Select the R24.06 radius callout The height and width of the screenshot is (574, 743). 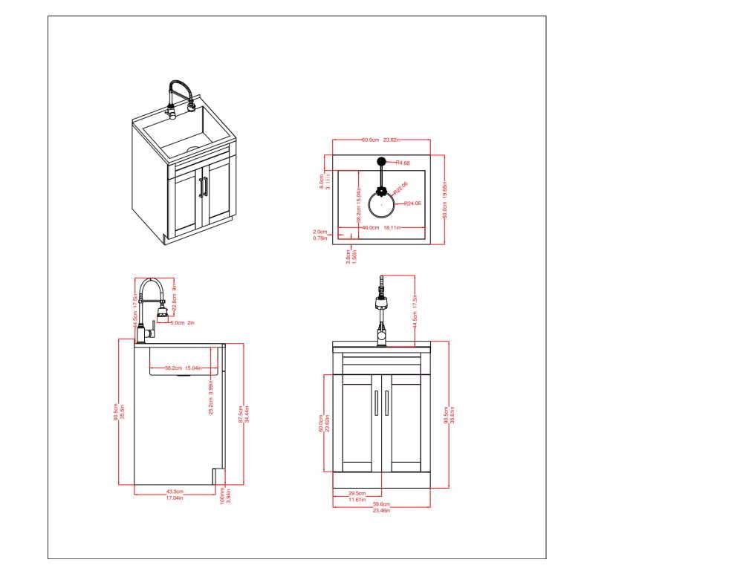pos(412,203)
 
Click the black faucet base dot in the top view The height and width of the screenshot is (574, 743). pos(381,161)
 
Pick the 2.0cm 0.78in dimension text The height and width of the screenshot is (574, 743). pos(320,235)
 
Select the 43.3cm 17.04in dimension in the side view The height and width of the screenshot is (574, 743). pos(175,495)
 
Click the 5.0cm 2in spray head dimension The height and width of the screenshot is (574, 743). pos(182,322)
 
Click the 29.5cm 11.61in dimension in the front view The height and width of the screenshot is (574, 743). pos(357,495)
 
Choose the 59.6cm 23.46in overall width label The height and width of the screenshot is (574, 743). pos(381,506)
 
